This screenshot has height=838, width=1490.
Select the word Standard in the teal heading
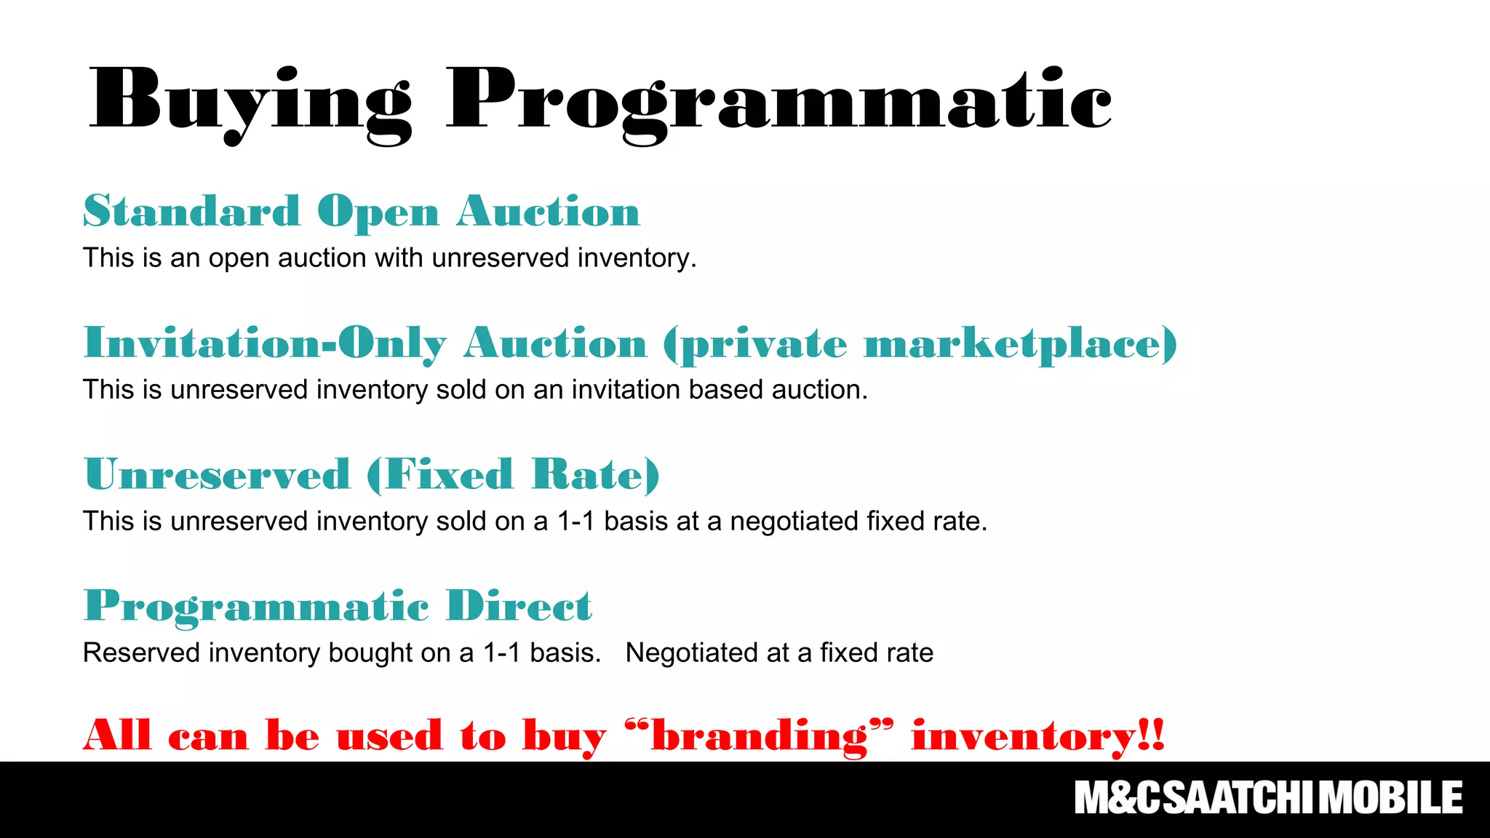(191, 212)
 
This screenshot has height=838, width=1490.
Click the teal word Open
(378, 213)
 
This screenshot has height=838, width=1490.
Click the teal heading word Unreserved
(217, 475)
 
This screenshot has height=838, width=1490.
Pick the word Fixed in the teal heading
(448, 475)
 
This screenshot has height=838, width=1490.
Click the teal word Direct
(519, 606)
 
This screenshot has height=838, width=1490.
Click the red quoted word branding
(759, 737)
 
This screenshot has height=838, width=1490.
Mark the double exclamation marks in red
(1152, 735)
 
